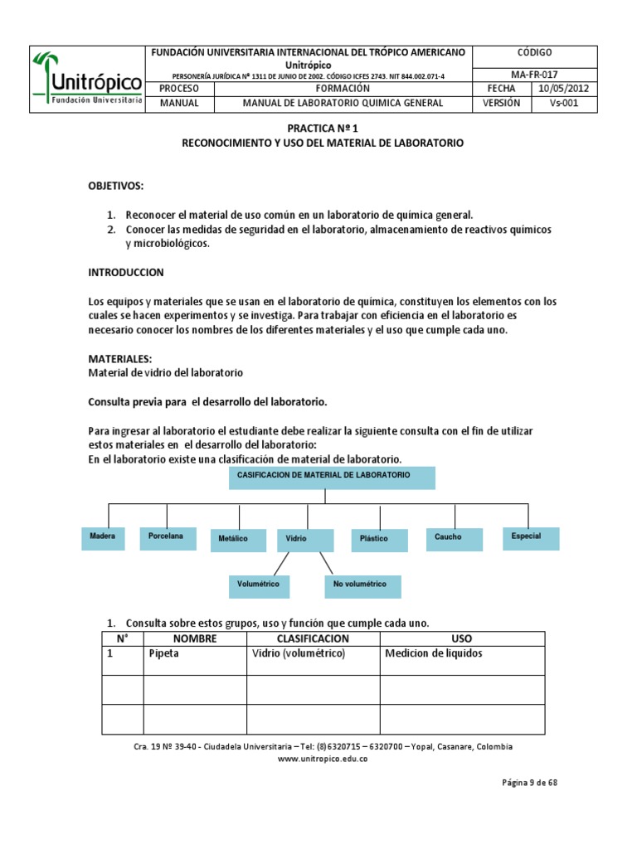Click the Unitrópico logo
87,79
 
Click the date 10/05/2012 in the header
563,89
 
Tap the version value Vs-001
563,104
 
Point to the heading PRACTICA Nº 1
323,129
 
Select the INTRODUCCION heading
126,272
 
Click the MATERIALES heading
120,359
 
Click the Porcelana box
168,537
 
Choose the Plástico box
378,540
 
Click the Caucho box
455,537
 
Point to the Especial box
531,537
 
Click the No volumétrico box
362,585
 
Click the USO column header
461,638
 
